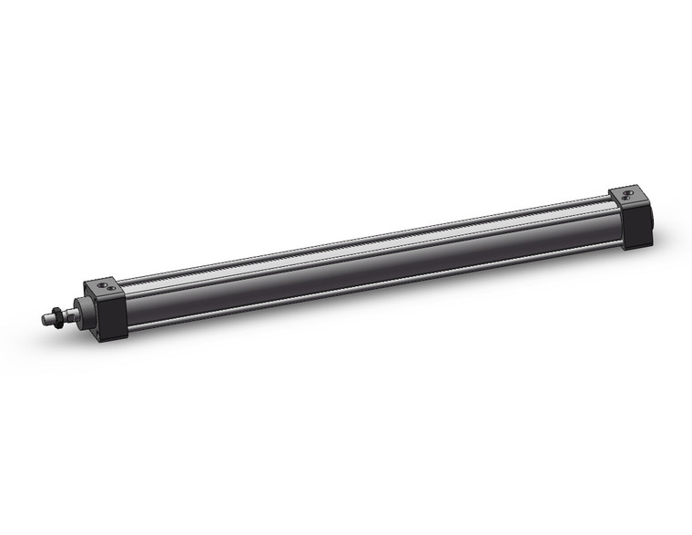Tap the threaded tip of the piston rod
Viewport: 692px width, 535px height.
46,320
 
